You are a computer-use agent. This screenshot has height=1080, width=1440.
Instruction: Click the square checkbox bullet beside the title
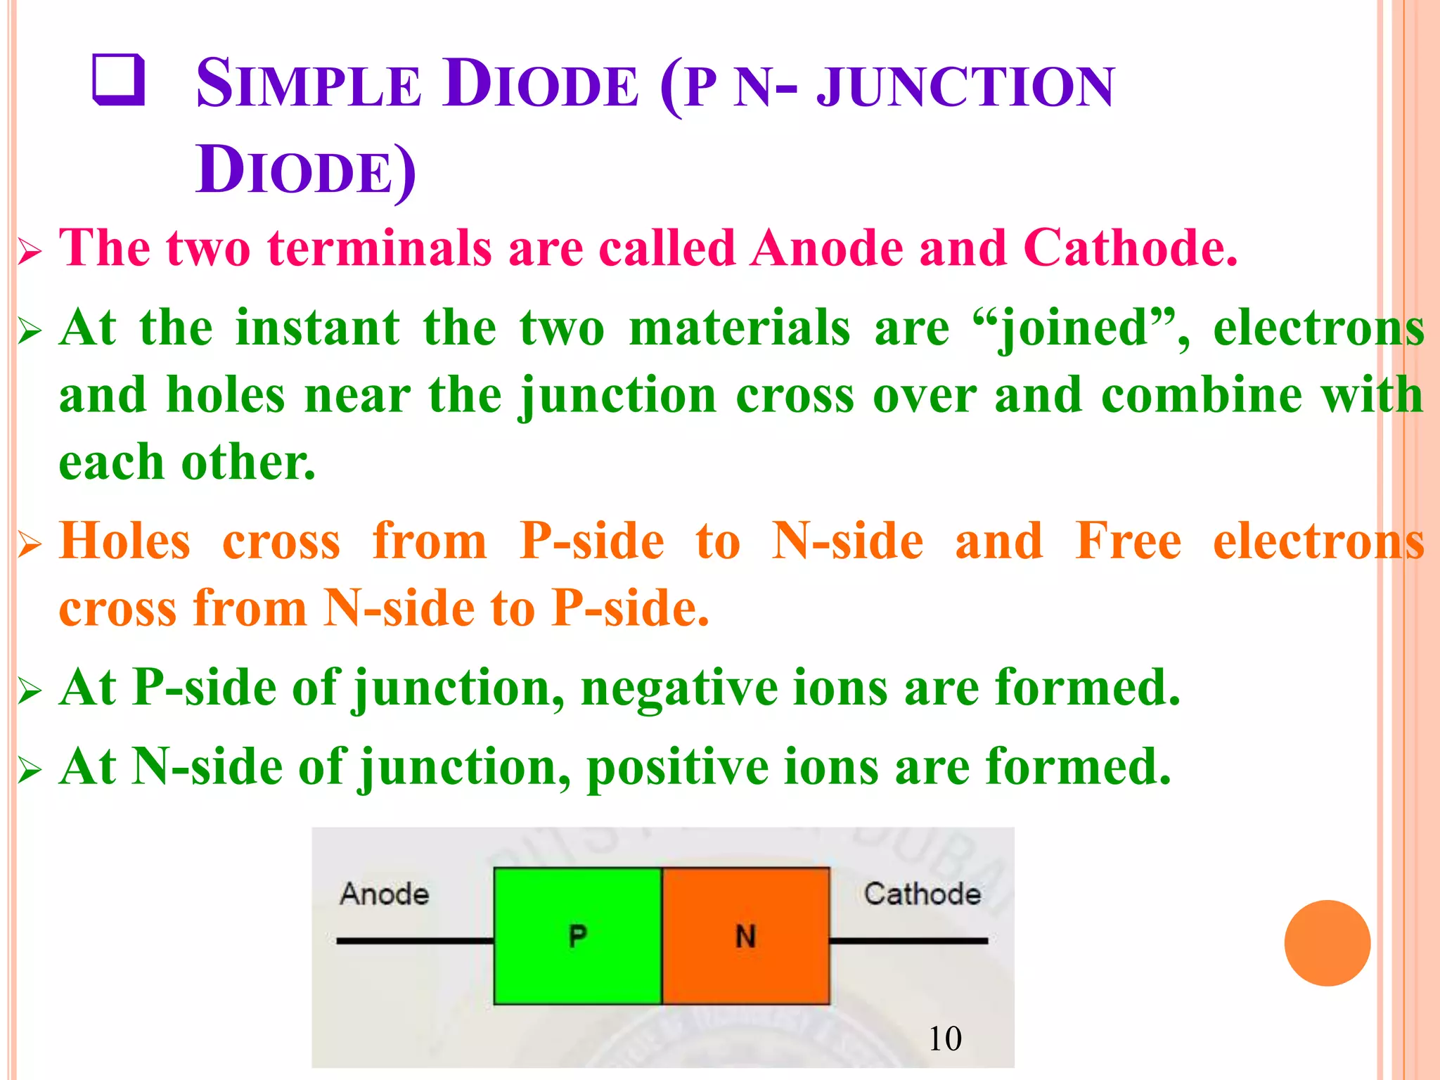(119, 81)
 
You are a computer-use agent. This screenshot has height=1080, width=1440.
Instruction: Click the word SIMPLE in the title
(308, 84)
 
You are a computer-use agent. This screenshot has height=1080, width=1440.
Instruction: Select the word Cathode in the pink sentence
(1129, 248)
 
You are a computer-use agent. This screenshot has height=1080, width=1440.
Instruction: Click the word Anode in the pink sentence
(826, 248)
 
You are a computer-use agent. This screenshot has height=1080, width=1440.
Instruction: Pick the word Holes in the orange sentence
(124, 541)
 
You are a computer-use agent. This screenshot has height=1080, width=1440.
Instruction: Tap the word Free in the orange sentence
(1128, 541)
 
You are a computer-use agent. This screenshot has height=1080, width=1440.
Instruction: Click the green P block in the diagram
(577, 935)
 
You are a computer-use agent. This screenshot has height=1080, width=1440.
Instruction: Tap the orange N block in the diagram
(745, 935)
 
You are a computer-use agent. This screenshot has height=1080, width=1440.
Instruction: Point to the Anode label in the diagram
(384, 894)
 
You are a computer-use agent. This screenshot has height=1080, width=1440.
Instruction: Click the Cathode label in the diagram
(922, 894)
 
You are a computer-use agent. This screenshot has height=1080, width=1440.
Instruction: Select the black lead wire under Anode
(415, 940)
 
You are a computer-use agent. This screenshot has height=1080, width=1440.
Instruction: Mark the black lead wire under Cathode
(908, 940)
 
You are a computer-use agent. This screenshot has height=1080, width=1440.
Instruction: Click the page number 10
(944, 1039)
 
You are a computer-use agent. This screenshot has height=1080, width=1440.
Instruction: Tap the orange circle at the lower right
(1327, 943)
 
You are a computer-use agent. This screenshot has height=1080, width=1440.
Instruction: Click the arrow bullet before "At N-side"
(30, 771)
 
